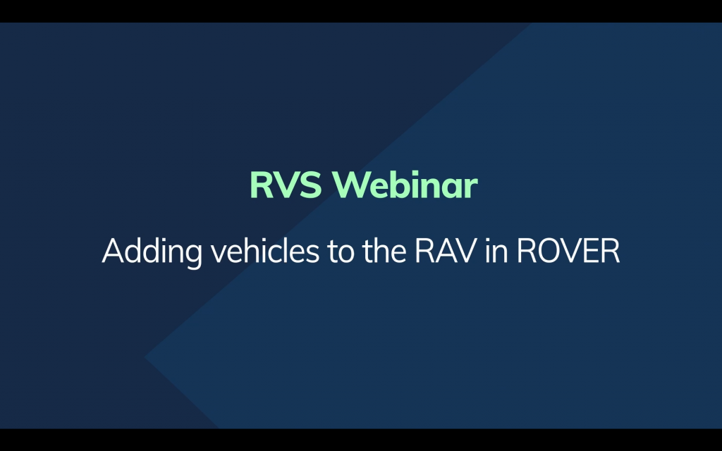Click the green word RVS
click(286, 185)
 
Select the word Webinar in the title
click(405, 185)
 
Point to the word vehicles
click(265, 250)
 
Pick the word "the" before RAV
click(384, 250)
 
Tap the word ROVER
click(568, 251)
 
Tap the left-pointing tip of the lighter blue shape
click(145, 357)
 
